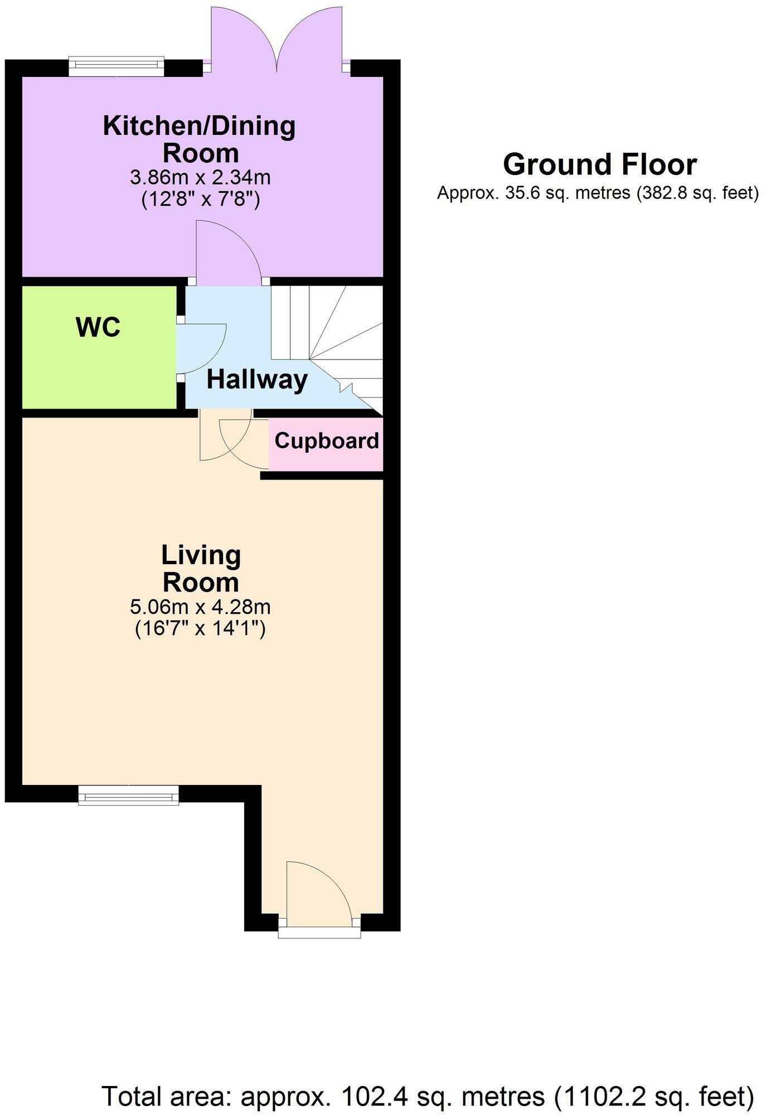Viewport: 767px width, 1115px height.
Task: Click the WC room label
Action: click(x=98, y=327)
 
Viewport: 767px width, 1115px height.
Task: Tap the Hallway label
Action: click(x=257, y=380)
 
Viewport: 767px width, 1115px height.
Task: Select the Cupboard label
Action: click(x=327, y=441)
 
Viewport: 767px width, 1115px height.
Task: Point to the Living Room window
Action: click(x=128, y=795)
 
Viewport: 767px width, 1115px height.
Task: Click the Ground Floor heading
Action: click(x=600, y=165)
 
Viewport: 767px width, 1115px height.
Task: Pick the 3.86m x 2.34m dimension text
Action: click(x=200, y=178)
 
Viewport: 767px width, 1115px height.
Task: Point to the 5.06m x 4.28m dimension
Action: click(x=200, y=607)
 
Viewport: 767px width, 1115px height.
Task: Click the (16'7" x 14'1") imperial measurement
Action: click(x=200, y=629)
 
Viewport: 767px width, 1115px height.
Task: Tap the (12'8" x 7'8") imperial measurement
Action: click(x=200, y=199)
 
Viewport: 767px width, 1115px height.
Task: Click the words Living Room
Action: click(x=201, y=569)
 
